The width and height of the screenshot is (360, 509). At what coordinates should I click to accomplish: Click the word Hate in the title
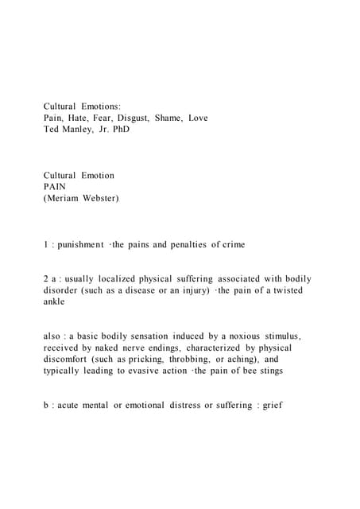[x=85, y=118]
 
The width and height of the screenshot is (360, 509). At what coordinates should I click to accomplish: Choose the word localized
[x=114, y=279]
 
